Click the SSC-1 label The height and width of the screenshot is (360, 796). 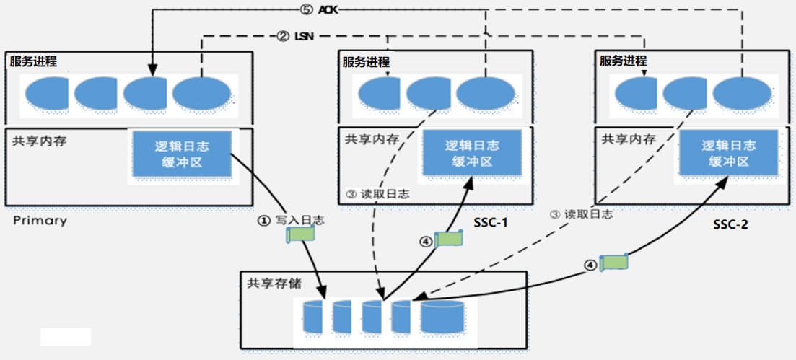pos(491,223)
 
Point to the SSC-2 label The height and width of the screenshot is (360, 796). pos(730,225)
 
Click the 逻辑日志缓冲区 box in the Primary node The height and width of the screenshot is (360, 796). pos(181,154)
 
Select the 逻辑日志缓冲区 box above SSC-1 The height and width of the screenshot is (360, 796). pos(472,153)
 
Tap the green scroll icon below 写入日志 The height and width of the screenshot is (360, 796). pos(301,234)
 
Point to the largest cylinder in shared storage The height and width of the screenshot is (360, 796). pos(443,317)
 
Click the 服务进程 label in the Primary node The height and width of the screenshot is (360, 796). pos(33,62)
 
